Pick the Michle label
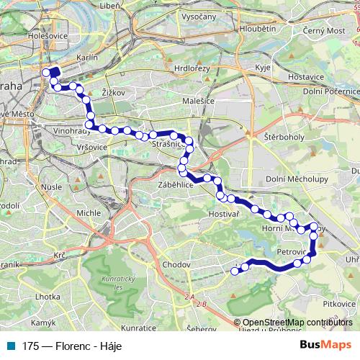pos(89,213)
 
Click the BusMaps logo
pos(325,345)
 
